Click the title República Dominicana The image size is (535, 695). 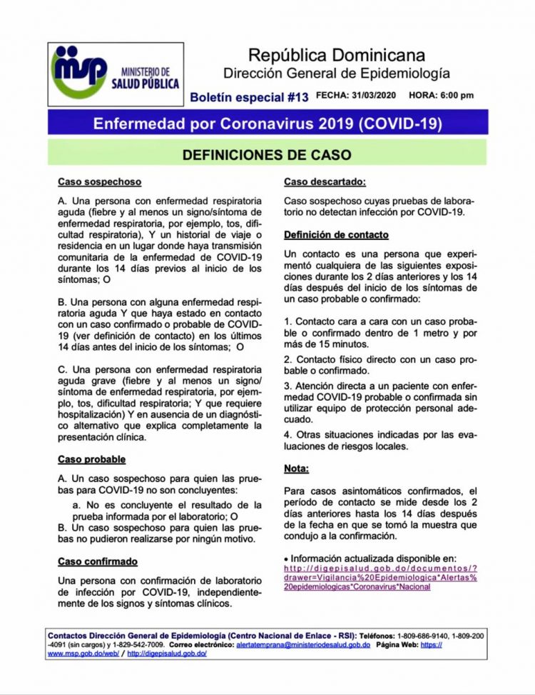[x=337, y=55]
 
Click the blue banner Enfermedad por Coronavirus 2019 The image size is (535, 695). [x=267, y=124]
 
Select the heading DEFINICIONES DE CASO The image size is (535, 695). [x=267, y=154]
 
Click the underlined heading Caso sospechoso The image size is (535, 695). [x=99, y=182]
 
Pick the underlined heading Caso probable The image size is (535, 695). [x=91, y=459]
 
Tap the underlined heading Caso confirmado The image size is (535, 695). [x=97, y=561]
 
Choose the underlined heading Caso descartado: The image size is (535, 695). [x=325, y=182]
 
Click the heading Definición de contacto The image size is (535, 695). [x=336, y=234]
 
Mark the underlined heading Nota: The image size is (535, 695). [x=296, y=469]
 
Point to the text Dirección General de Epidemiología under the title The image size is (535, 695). [x=337, y=73]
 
